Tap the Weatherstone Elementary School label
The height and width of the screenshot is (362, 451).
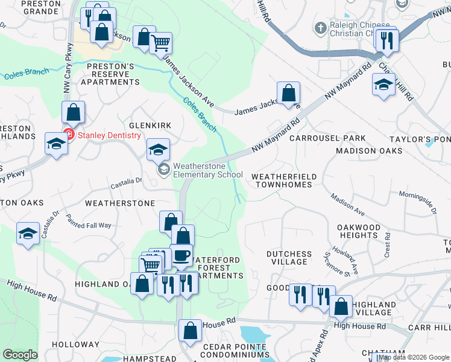[207, 171]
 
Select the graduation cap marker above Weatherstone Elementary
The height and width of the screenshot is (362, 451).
[159, 149]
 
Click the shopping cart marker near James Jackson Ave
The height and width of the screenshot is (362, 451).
[161, 43]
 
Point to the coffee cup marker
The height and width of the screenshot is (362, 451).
[181, 255]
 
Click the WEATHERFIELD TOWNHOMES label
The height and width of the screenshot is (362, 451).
[283, 180]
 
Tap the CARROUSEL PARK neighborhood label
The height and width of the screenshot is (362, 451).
[327, 138]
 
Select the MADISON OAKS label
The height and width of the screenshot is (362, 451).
[369, 151]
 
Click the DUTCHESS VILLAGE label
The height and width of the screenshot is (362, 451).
[289, 258]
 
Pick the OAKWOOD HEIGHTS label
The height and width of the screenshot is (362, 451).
[359, 231]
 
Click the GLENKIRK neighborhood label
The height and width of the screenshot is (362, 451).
[146, 125]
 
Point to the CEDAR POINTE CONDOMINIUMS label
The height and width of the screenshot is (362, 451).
[235, 351]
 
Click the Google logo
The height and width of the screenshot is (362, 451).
[20, 355]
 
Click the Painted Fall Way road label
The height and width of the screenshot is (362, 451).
[89, 221]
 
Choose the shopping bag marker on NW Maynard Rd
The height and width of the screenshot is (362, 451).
[289, 93]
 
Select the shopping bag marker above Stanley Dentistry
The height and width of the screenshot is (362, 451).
[73, 112]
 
